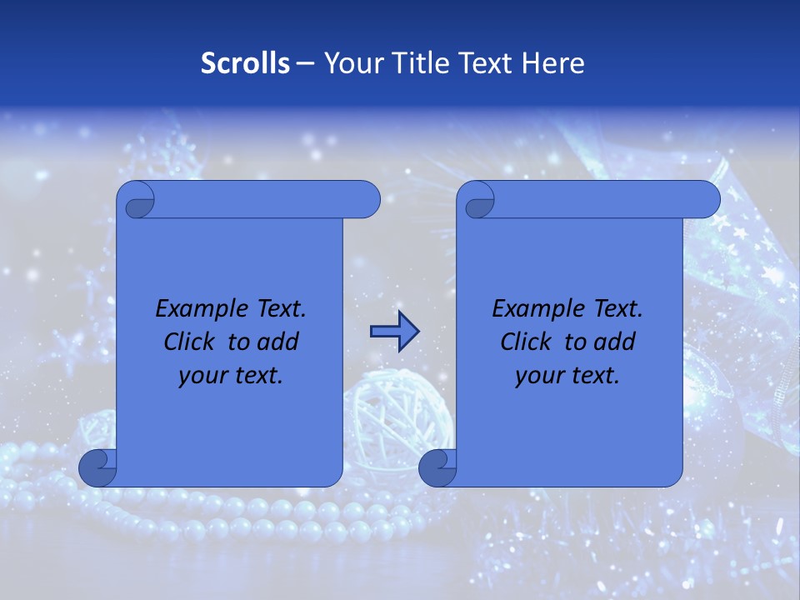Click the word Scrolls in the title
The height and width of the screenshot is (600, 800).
[x=245, y=63]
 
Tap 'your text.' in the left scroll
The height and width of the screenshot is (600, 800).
[x=231, y=376]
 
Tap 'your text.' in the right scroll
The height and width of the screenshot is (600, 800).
[x=567, y=376]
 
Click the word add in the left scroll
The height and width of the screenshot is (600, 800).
[x=279, y=342]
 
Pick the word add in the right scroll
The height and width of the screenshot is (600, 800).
[x=616, y=342]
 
